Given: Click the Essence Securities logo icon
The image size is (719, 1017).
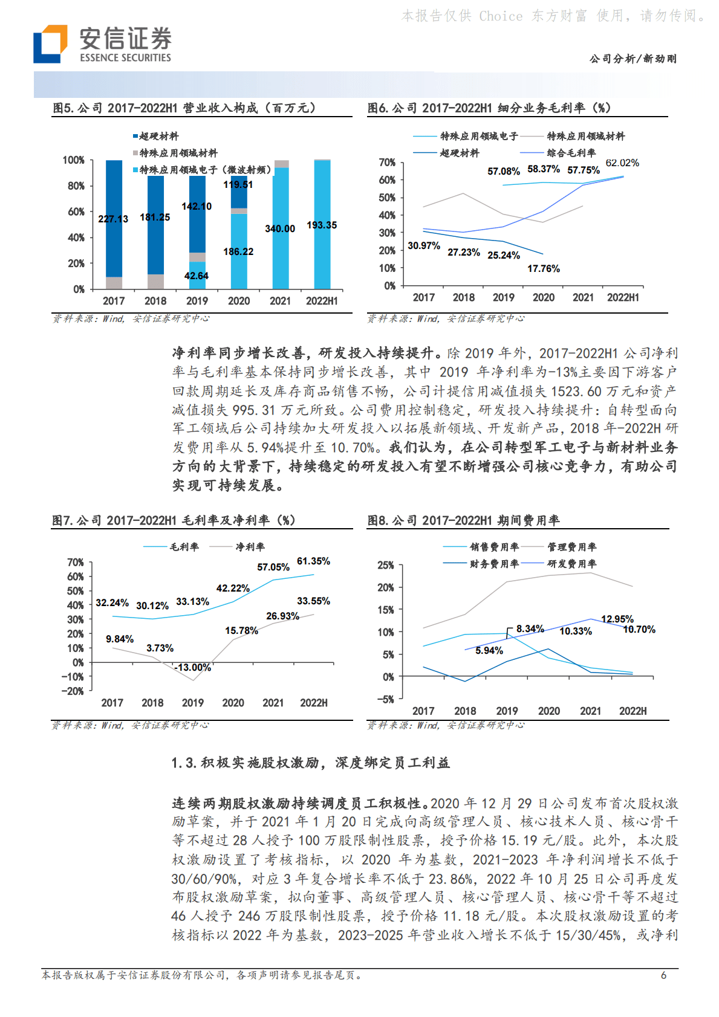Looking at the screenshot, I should tap(50, 44).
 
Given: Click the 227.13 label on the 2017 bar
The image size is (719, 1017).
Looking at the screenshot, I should tap(113, 219).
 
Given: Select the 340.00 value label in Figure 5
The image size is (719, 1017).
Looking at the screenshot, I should tap(280, 228).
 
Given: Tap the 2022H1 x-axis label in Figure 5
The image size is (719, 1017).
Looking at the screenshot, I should tap(322, 301).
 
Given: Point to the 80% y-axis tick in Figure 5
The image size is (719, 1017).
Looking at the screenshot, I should tap(76, 186).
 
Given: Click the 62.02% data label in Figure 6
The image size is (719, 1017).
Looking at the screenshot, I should tap(622, 163).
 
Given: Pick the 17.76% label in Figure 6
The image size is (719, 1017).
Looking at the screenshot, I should tap(544, 268).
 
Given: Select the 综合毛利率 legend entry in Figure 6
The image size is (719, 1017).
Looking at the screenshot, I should tap(571, 153).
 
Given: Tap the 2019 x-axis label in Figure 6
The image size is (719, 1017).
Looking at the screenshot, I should tap(503, 297).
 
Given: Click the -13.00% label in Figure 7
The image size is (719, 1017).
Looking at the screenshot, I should tap(193, 667).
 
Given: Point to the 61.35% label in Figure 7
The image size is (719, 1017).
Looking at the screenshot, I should tap(313, 561).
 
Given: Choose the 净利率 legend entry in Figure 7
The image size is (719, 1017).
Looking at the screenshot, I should tap(250, 547).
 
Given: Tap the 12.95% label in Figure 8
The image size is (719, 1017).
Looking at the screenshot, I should tap(617, 619).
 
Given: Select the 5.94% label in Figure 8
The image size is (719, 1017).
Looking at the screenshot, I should tap(489, 650).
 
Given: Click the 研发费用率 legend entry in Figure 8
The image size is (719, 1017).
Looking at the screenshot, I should tap(571, 564).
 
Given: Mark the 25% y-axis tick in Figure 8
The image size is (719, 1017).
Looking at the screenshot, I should tap(386, 565).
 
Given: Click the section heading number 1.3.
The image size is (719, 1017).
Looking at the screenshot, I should tap(184, 763).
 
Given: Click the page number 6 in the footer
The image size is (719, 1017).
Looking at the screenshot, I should tap(663, 975).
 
